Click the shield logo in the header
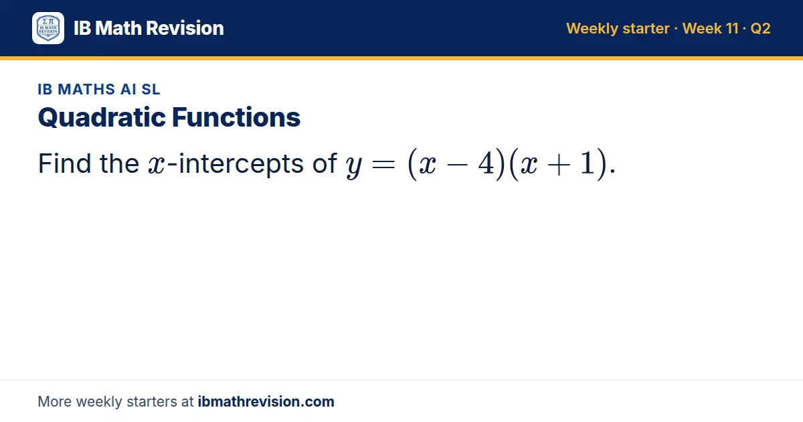coord(48,28)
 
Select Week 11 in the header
coord(710,28)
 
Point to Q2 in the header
coord(760,29)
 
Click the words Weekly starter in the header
coord(618,29)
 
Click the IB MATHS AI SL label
coord(99,89)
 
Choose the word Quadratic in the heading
coord(102,118)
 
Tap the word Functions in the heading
coord(236,117)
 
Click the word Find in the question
coord(64,163)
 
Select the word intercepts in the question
coord(241,164)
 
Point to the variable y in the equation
coord(354,166)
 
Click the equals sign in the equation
coord(383,165)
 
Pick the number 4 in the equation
coord(486,163)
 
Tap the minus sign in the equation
coord(457,165)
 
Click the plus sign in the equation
coord(559,165)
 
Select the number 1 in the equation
coord(588,163)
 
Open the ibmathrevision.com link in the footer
coord(266,401)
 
